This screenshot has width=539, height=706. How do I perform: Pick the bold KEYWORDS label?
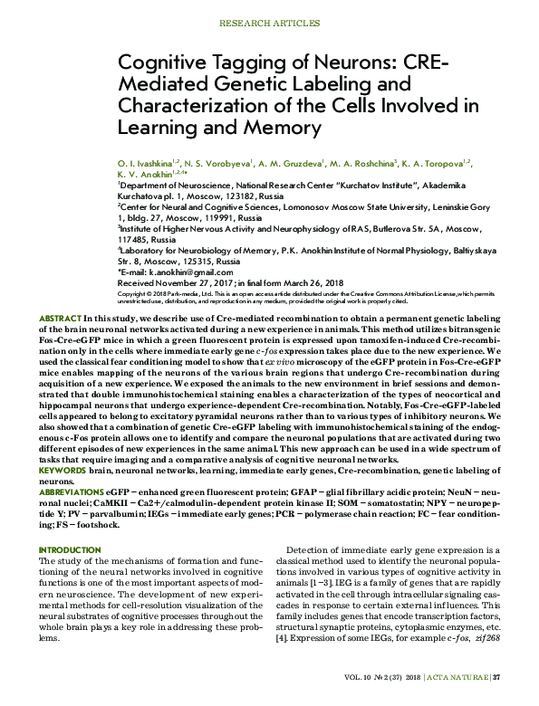63,472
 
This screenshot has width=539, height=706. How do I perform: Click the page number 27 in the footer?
496,676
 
